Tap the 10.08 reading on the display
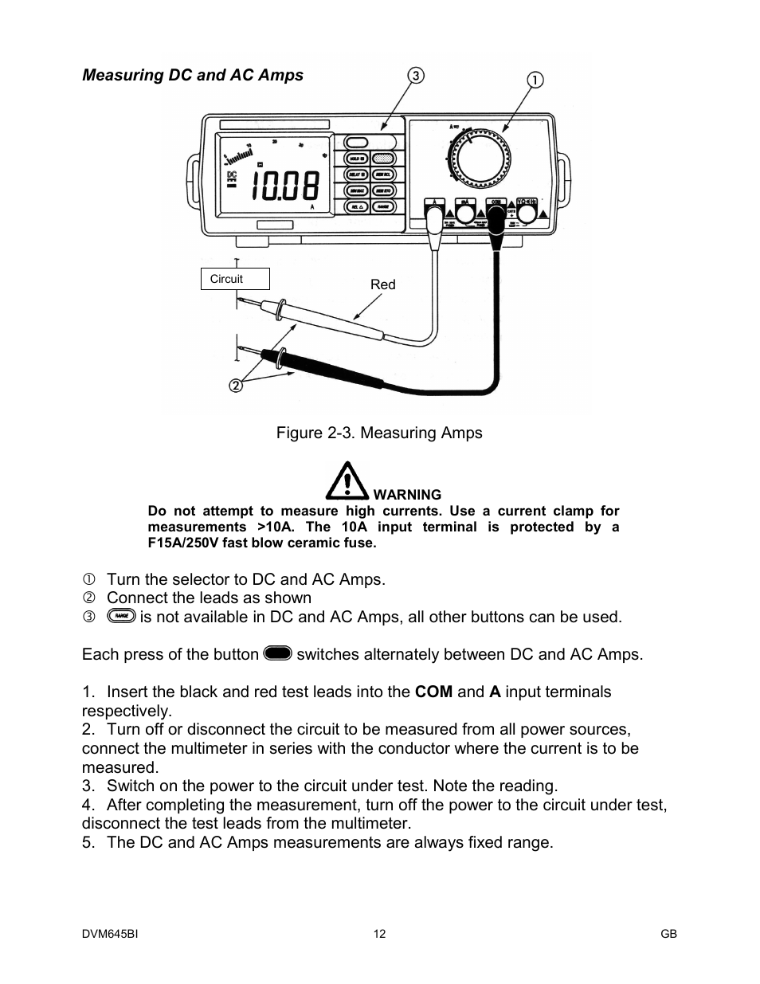coord(285,186)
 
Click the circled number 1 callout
coord(535,80)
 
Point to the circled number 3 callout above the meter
coord(416,76)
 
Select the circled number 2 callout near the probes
coord(236,386)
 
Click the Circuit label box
coord(235,279)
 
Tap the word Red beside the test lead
coord(382,284)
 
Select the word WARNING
coord(407,495)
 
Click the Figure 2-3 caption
coord(379,433)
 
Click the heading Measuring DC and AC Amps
coord(193,75)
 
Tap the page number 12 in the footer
coord(379,934)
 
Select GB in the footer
coord(668,934)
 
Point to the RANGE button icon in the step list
coord(120,617)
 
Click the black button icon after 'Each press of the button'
coord(277,654)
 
